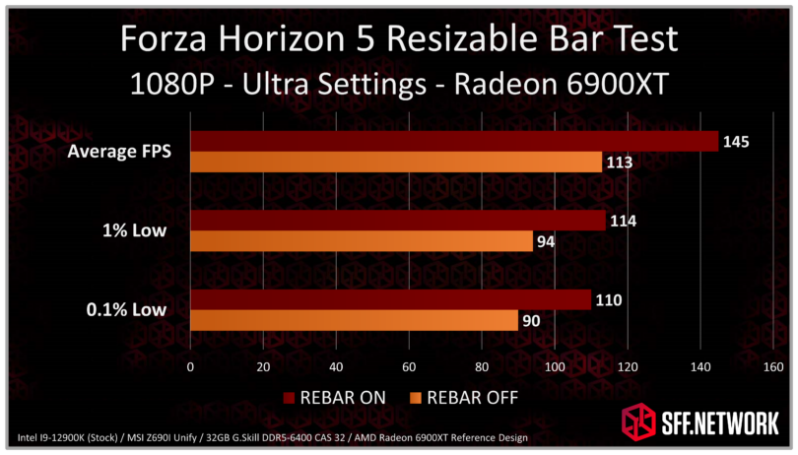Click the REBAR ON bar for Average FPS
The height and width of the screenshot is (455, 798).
tap(453, 142)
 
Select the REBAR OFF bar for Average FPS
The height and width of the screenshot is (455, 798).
tap(395, 162)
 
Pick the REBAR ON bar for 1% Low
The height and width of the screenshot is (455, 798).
tap(397, 221)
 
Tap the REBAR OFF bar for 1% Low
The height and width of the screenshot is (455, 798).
tap(361, 241)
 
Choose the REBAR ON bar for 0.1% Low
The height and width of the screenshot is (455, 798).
tap(390, 299)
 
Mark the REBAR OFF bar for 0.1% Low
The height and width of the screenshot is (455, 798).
tap(354, 320)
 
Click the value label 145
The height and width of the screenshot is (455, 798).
tap(736, 142)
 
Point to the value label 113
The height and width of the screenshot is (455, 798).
tap(619, 162)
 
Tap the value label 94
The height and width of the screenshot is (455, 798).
tap(547, 241)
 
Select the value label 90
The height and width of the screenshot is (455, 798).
tap(532, 320)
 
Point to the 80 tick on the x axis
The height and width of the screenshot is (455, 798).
tap(481, 367)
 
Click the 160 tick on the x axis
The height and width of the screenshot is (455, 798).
tap(772, 367)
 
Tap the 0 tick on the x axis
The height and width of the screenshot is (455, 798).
tap(190, 367)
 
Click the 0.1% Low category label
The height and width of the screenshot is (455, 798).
tap(124, 310)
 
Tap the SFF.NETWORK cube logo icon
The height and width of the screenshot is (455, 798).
tap(636, 422)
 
